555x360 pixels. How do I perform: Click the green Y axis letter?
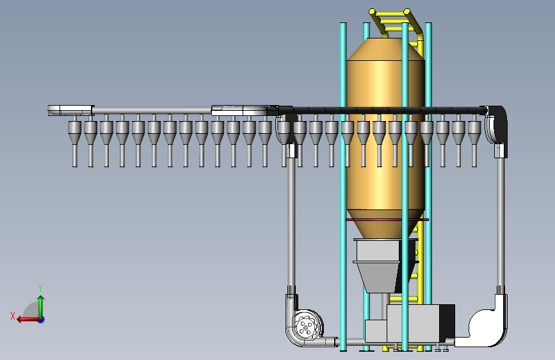pos(40,288)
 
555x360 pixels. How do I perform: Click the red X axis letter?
pos(13,316)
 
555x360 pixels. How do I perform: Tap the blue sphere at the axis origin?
pos(42,320)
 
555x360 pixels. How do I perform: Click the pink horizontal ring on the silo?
pos(387,220)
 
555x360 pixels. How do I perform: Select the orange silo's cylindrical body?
pos(385,135)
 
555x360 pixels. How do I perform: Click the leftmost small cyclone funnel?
pos(75,133)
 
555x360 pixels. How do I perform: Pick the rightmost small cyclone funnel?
pos(474,133)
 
